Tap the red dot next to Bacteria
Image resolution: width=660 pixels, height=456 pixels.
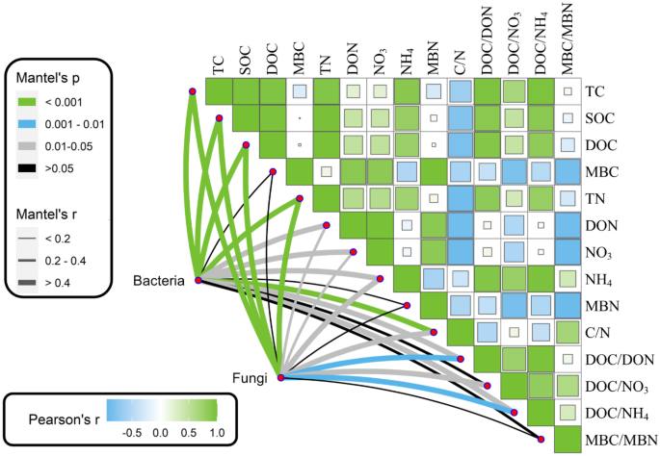coord(198,280)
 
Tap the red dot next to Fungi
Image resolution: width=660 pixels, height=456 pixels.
coord(280,377)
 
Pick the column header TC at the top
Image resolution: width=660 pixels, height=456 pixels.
coord(220,64)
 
